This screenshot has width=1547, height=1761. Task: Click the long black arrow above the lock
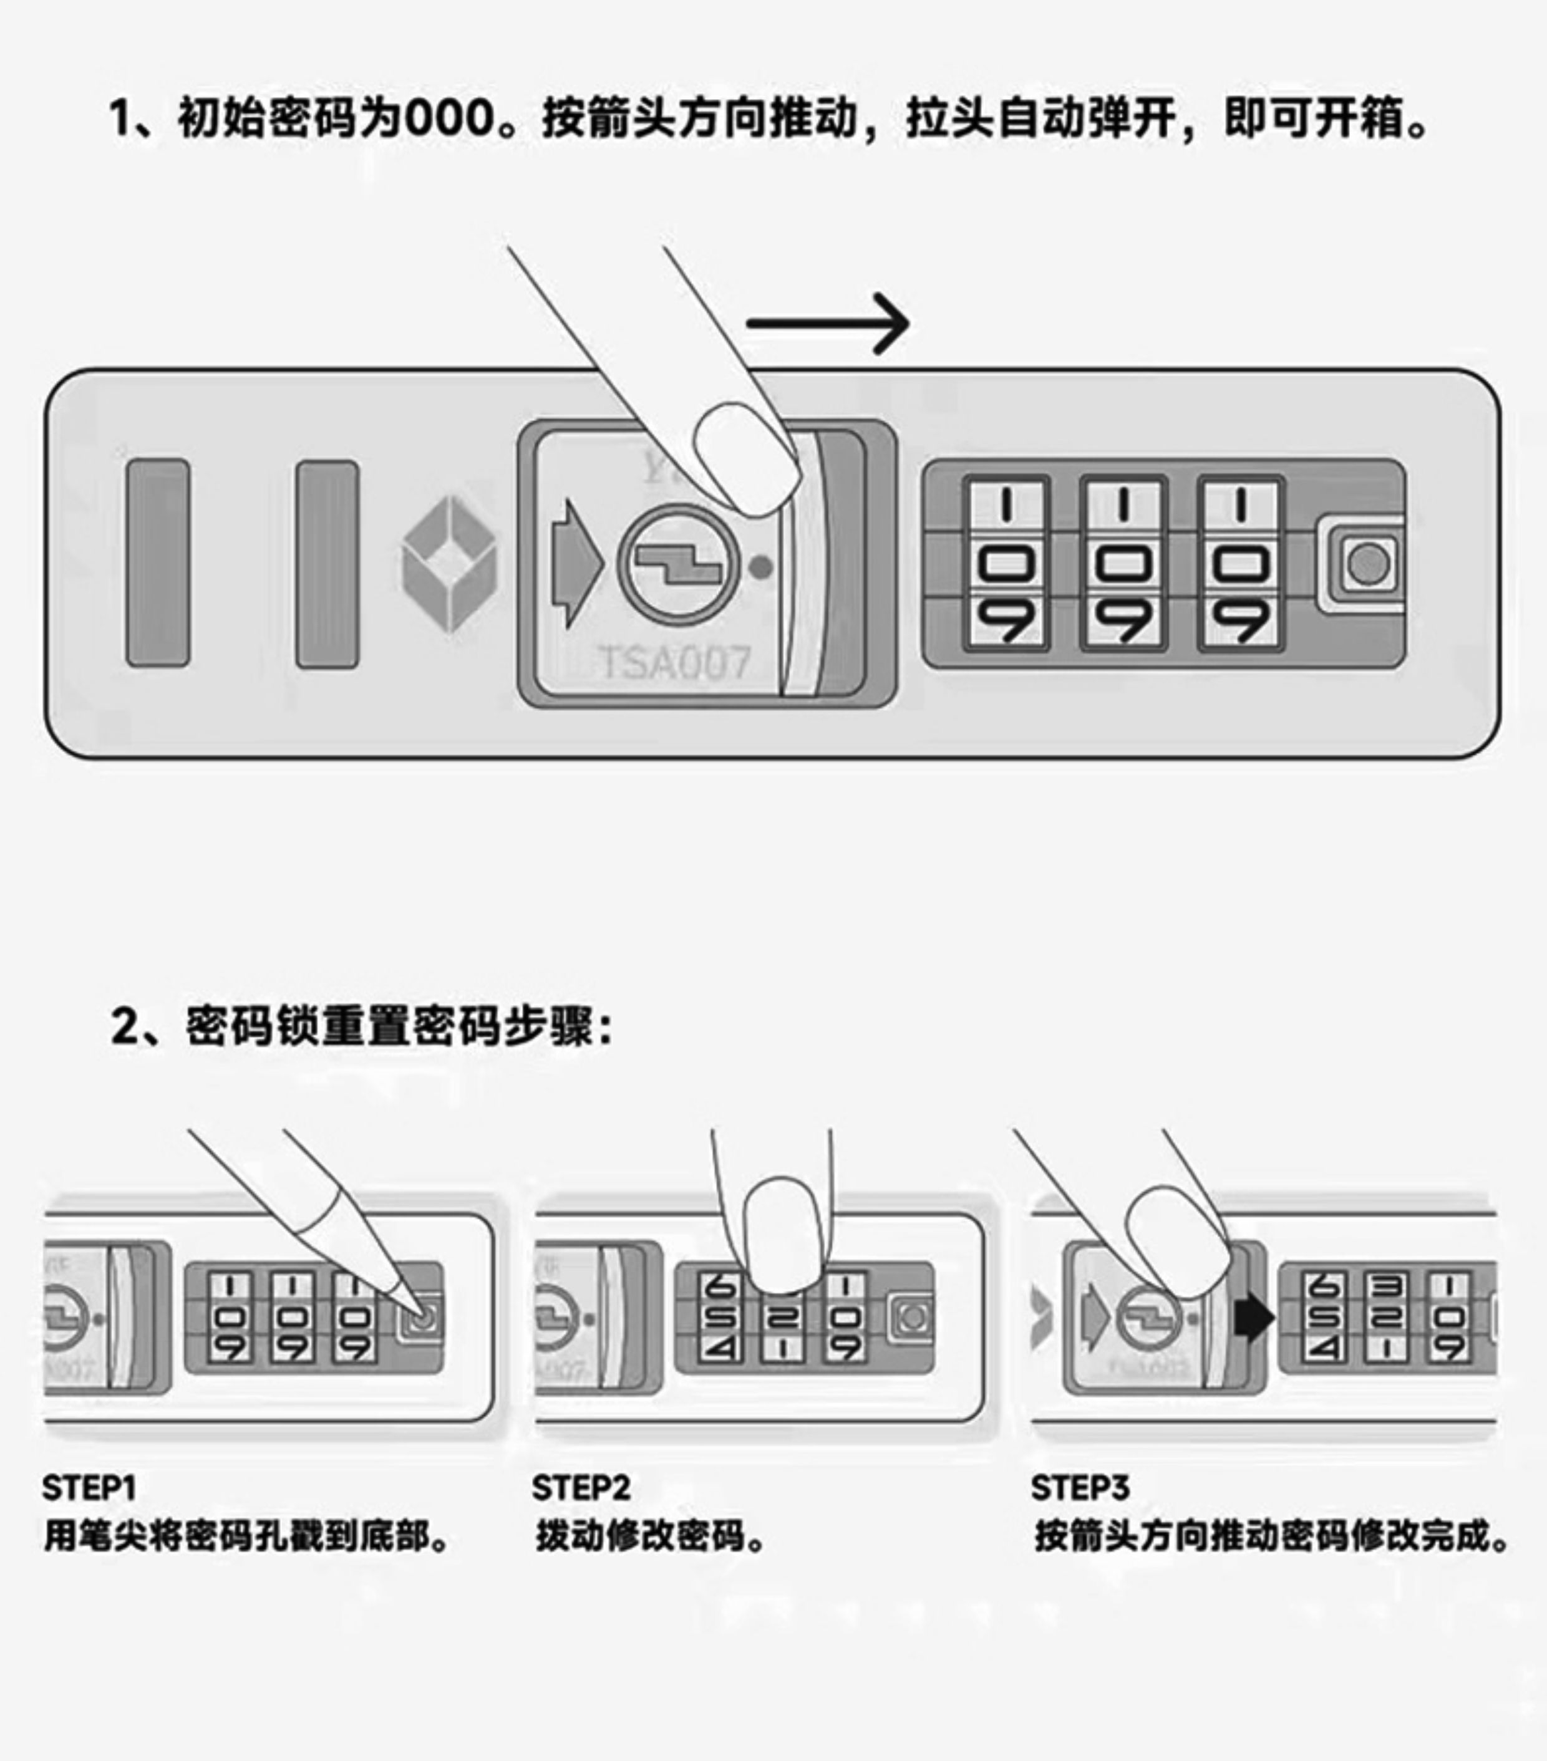827,323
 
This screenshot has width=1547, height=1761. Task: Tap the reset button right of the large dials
1368,565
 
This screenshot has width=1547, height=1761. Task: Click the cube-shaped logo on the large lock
449,564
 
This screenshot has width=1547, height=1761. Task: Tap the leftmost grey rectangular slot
158,562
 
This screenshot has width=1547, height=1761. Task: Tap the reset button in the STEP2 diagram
912,1317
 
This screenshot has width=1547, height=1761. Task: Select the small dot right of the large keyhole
761,567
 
